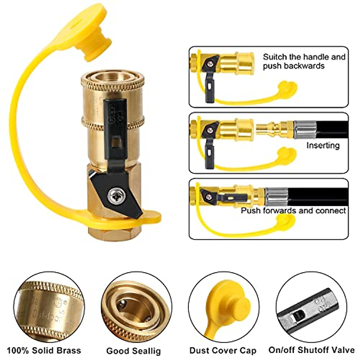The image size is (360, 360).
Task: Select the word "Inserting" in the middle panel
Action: [323, 145]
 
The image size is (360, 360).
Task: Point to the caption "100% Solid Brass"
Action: [44, 350]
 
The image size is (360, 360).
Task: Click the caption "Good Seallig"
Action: [133, 351]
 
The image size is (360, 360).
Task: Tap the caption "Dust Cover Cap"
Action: [223, 350]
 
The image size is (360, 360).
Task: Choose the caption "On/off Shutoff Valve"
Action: [311, 350]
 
